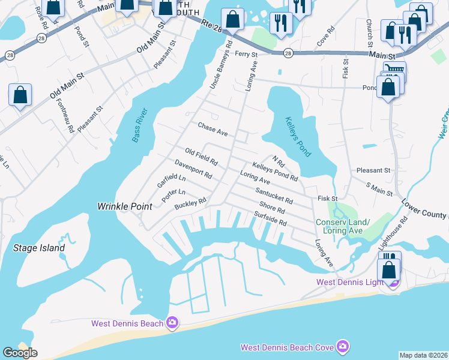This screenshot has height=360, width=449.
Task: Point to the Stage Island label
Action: [39, 247]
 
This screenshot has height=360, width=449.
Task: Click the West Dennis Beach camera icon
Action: [172, 323]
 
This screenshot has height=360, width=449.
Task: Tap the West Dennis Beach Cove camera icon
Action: [343, 346]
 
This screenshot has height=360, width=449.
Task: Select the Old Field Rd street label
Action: [201, 158]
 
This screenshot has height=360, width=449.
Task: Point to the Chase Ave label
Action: [213, 129]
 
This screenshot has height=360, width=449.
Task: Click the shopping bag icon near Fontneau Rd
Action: [20, 94]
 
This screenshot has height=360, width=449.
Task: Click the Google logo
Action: [20, 353]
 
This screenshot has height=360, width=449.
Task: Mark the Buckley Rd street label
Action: [190, 205]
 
